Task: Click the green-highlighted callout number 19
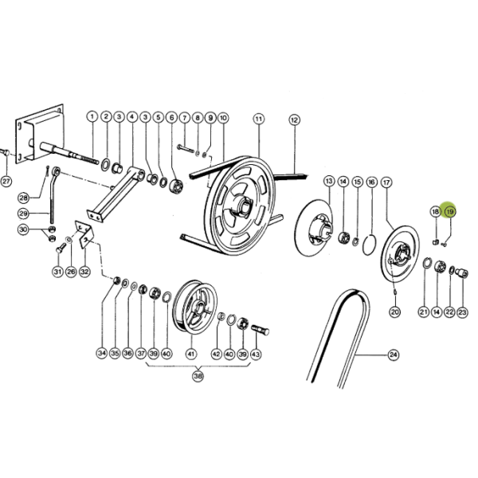[x=450, y=211]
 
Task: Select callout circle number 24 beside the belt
[x=394, y=355]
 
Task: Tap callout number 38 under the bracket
[x=198, y=376]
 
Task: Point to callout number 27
[x=6, y=182]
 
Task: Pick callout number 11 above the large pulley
[x=258, y=119]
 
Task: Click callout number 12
[x=294, y=119]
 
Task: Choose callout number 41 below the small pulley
[x=191, y=354]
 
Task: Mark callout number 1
[x=92, y=116]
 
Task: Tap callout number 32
[x=84, y=271]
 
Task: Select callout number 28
[x=24, y=198]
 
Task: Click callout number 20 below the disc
[x=395, y=311]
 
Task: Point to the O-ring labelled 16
[x=369, y=245]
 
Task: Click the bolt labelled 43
[x=260, y=330]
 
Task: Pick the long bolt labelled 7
[x=186, y=149]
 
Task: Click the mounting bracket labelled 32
[x=84, y=235]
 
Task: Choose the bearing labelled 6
[x=177, y=186]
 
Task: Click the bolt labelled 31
[x=61, y=247]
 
